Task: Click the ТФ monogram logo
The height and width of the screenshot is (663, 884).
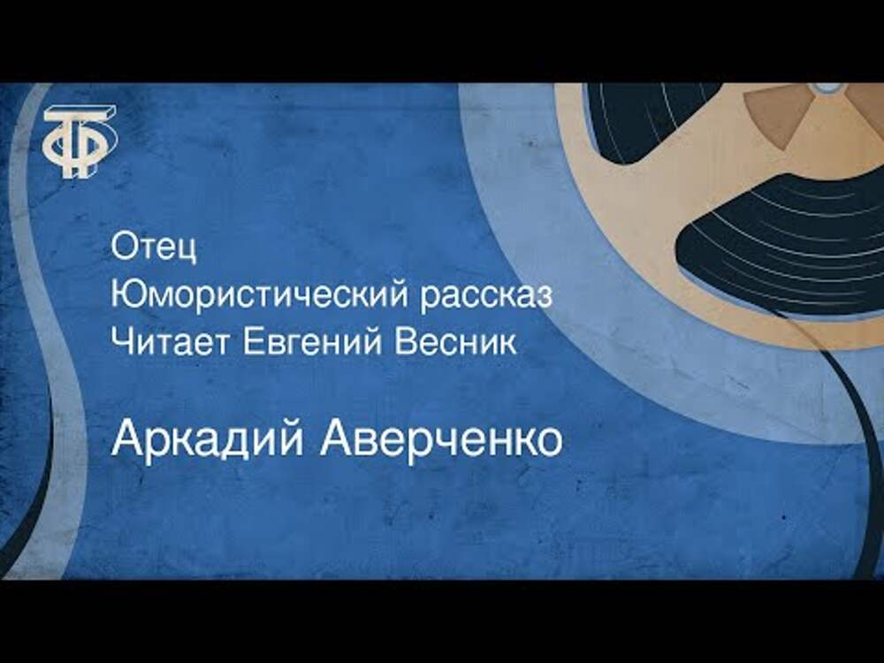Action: pyautogui.click(x=80, y=141)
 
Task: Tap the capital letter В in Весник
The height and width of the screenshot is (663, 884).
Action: pyautogui.click(x=405, y=341)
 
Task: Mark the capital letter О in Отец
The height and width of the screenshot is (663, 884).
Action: pyautogui.click(x=125, y=246)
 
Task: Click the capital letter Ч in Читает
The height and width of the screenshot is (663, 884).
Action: pyautogui.click(x=120, y=341)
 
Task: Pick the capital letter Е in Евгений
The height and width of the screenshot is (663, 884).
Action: pyautogui.click(x=253, y=341)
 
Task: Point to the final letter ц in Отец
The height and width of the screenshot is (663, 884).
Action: pyautogui.click(x=187, y=251)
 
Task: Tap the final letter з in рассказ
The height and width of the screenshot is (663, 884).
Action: pyautogui.click(x=543, y=298)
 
